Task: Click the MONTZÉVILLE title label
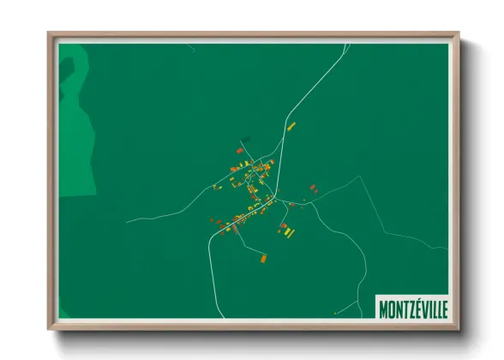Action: [x=412, y=307]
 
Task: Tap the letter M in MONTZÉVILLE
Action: [x=385, y=307]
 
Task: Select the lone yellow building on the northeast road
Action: [x=291, y=127]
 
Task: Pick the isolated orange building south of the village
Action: [x=264, y=255]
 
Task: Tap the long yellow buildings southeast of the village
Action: [x=289, y=232]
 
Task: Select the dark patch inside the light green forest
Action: [x=73, y=64]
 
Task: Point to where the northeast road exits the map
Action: [x=348, y=45]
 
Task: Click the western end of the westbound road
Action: [x=126, y=222]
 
